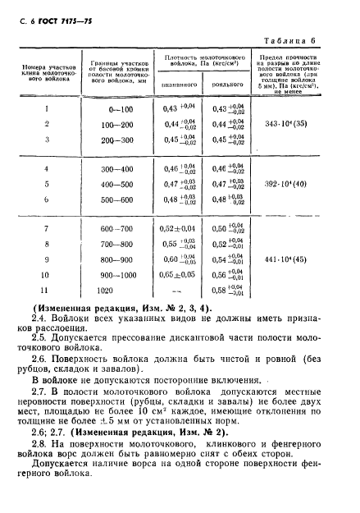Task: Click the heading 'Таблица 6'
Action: tap(315, 41)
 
